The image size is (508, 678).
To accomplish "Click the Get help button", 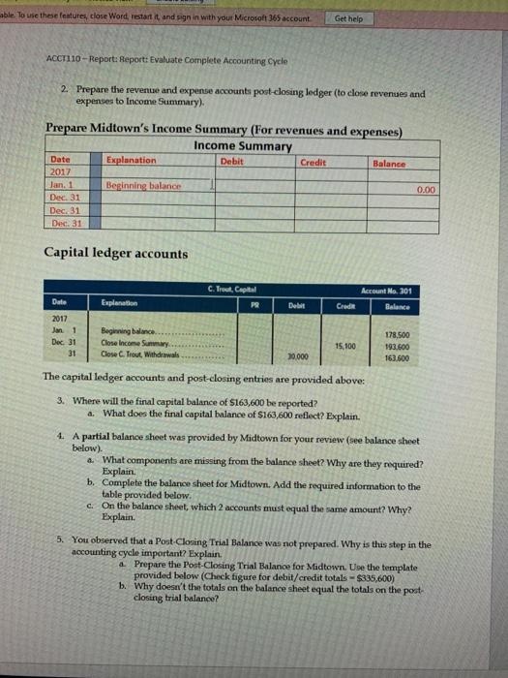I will tap(349, 18).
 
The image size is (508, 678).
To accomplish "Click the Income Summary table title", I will tap(242, 145).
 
